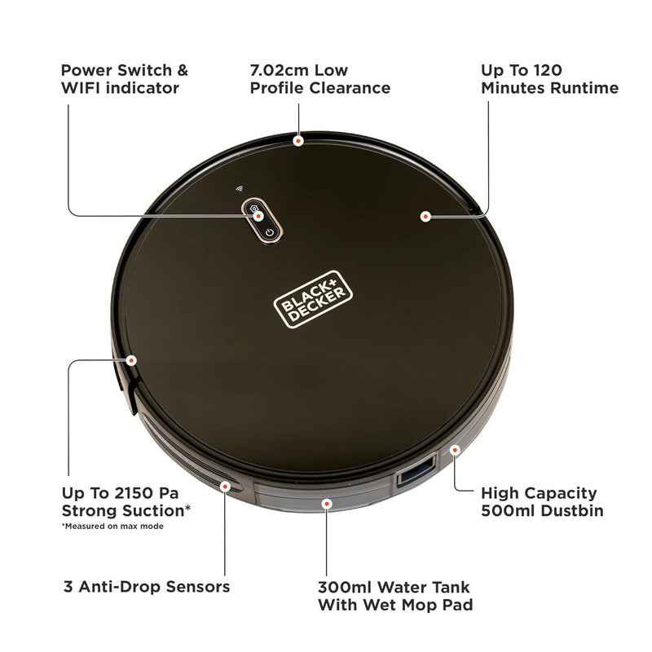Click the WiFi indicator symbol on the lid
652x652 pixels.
tap(240, 188)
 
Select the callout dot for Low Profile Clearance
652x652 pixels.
tap(298, 140)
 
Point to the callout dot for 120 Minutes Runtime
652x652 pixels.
tap(425, 216)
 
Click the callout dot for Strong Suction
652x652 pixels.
tap(130, 359)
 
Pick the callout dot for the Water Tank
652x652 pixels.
tap(326, 504)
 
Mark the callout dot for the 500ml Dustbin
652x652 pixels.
tap(455, 448)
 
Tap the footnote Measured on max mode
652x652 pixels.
tap(113, 526)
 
